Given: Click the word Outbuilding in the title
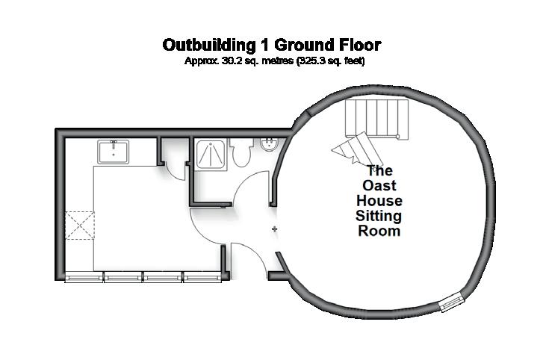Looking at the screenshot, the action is click(206, 46).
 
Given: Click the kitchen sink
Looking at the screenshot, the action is click(114, 152).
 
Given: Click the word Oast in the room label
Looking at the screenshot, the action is click(379, 186).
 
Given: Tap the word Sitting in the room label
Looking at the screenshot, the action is click(379, 217).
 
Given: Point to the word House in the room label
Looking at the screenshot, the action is click(379, 201).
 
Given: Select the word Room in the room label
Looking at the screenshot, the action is click(379, 232).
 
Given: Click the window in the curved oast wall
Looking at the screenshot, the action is click(451, 303).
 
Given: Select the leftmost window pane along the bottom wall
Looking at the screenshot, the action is click(84, 277).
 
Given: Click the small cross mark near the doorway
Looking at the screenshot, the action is click(275, 228).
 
